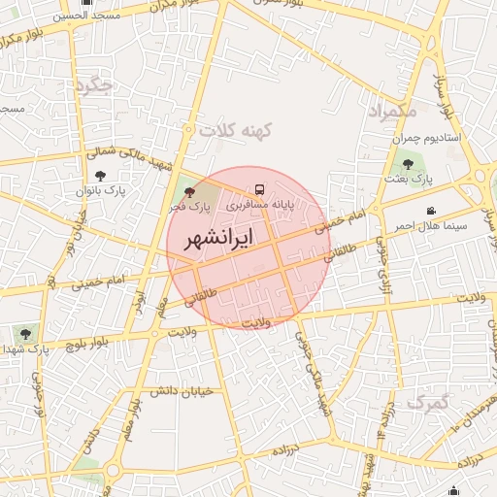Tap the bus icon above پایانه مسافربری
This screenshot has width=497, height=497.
coord(259,189)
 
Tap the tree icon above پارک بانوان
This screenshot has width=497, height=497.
coord(101,176)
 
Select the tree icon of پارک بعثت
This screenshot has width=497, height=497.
coord(407,165)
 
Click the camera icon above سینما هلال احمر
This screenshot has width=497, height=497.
coord(430,211)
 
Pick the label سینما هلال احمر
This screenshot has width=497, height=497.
coord(430,225)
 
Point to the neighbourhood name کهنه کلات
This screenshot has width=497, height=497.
coord(236,128)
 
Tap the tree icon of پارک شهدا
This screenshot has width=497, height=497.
coord(25,333)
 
